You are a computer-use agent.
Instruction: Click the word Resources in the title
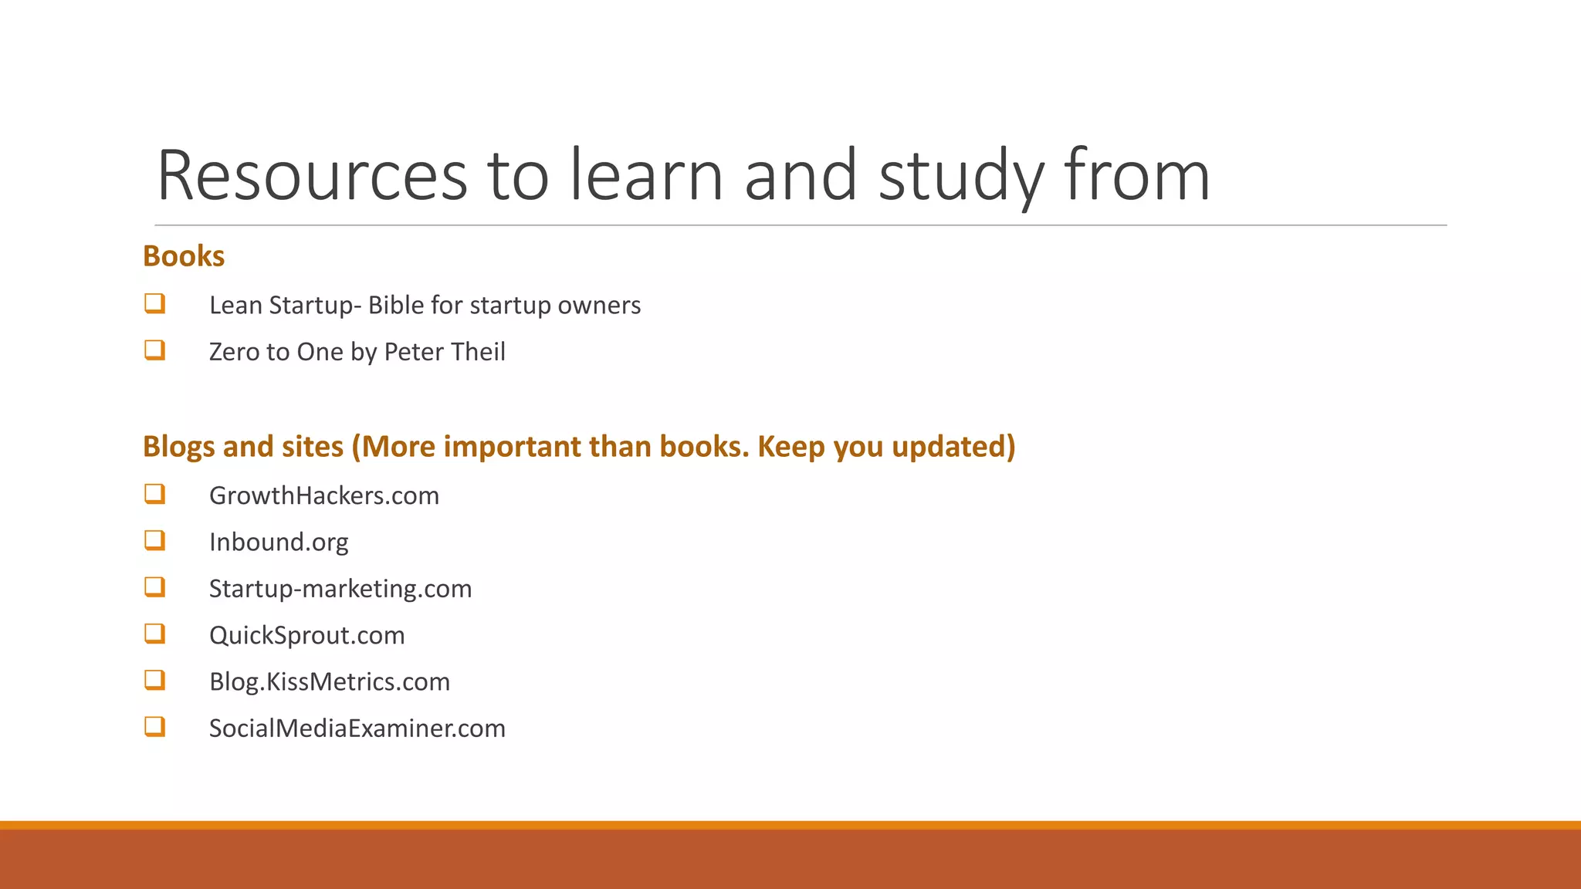click(x=312, y=176)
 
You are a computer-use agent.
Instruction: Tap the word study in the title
click(x=961, y=176)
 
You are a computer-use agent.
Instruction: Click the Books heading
click(x=184, y=256)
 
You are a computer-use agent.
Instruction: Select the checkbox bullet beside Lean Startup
click(x=154, y=303)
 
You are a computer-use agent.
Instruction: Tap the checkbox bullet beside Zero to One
click(x=154, y=350)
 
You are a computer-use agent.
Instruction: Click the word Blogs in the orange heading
click(x=178, y=447)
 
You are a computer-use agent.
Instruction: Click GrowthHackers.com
click(x=324, y=495)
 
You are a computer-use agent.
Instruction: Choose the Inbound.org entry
click(x=279, y=543)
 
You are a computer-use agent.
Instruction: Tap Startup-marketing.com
click(x=340, y=589)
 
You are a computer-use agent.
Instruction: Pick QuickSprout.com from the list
click(x=307, y=635)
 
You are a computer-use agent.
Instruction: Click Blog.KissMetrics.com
click(x=330, y=682)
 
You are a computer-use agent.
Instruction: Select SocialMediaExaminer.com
click(x=357, y=728)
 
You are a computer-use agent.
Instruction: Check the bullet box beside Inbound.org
click(x=154, y=540)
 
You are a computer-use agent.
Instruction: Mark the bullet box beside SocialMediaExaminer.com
click(x=154, y=726)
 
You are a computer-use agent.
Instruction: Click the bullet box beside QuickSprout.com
click(x=154, y=634)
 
